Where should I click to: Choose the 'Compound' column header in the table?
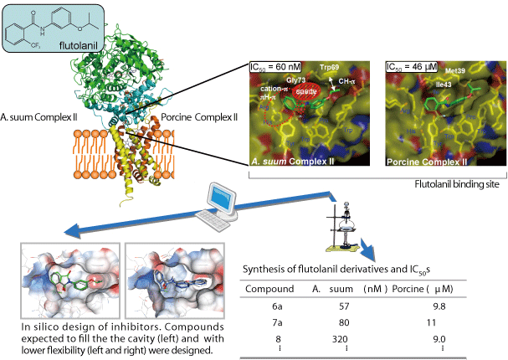click(269, 290)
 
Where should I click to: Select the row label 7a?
click(269, 323)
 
